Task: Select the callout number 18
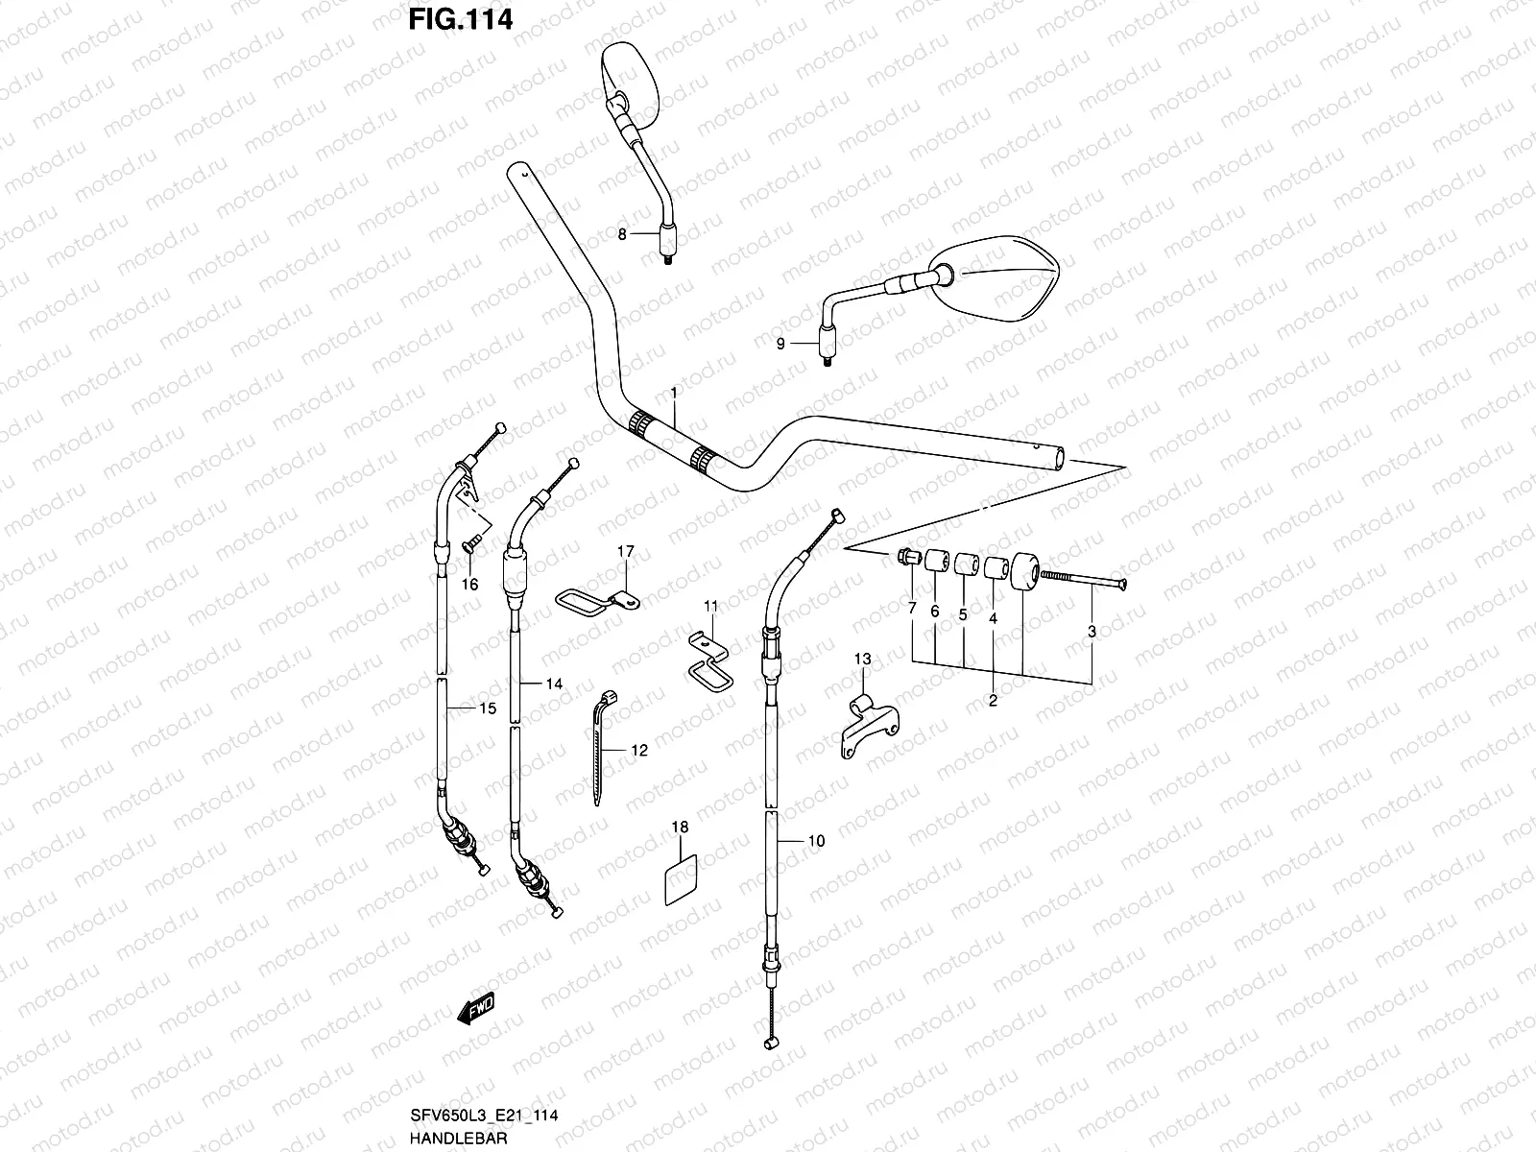pyautogui.click(x=680, y=827)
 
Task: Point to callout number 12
pyautogui.click(x=638, y=751)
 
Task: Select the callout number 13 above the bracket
pyautogui.click(x=862, y=659)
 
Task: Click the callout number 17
pyautogui.click(x=625, y=551)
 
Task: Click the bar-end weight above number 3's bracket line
pyautogui.click(x=1022, y=572)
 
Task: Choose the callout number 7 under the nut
pyautogui.click(x=911, y=609)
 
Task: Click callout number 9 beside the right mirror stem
pyautogui.click(x=780, y=344)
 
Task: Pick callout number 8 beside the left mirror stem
pyautogui.click(x=622, y=233)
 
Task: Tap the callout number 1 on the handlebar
pyautogui.click(x=674, y=394)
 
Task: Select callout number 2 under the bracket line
pyautogui.click(x=993, y=701)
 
